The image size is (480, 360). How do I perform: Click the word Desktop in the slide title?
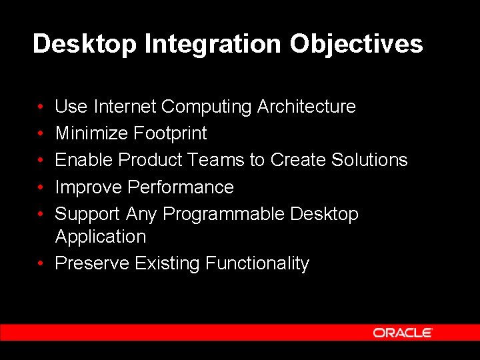pyautogui.click(x=85, y=44)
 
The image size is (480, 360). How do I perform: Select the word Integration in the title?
pyautogui.click(x=213, y=44)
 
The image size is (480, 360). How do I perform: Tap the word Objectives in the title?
pyautogui.click(x=356, y=44)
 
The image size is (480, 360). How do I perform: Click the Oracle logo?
pyautogui.click(x=403, y=333)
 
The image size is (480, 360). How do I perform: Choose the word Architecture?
pyautogui.click(x=307, y=107)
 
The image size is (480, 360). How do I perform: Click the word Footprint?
pyautogui.click(x=170, y=133)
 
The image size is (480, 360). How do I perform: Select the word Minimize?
pyautogui.click(x=91, y=133)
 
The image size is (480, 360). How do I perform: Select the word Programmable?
pyautogui.click(x=223, y=214)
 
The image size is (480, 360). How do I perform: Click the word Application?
pyautogui.click(x=100, y=237)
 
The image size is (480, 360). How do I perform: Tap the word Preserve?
pyautogui.click(x=91, y=263)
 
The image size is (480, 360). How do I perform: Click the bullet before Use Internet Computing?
pyautogui.click(x=41, y=107)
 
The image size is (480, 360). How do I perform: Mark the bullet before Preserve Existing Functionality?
pyautogui.click(x=41, y=264)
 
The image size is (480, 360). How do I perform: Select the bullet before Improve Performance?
pyautogui.click(x=41, y=188)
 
